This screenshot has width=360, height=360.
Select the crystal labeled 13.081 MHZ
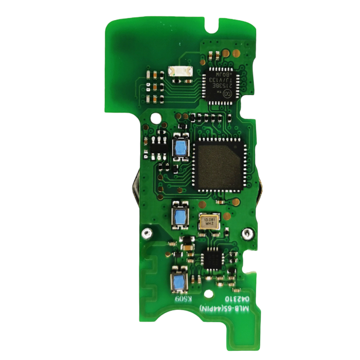coord(209,222)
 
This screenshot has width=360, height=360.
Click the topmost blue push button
coord(180,148)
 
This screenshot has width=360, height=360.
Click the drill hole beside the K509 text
coord(208,295)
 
